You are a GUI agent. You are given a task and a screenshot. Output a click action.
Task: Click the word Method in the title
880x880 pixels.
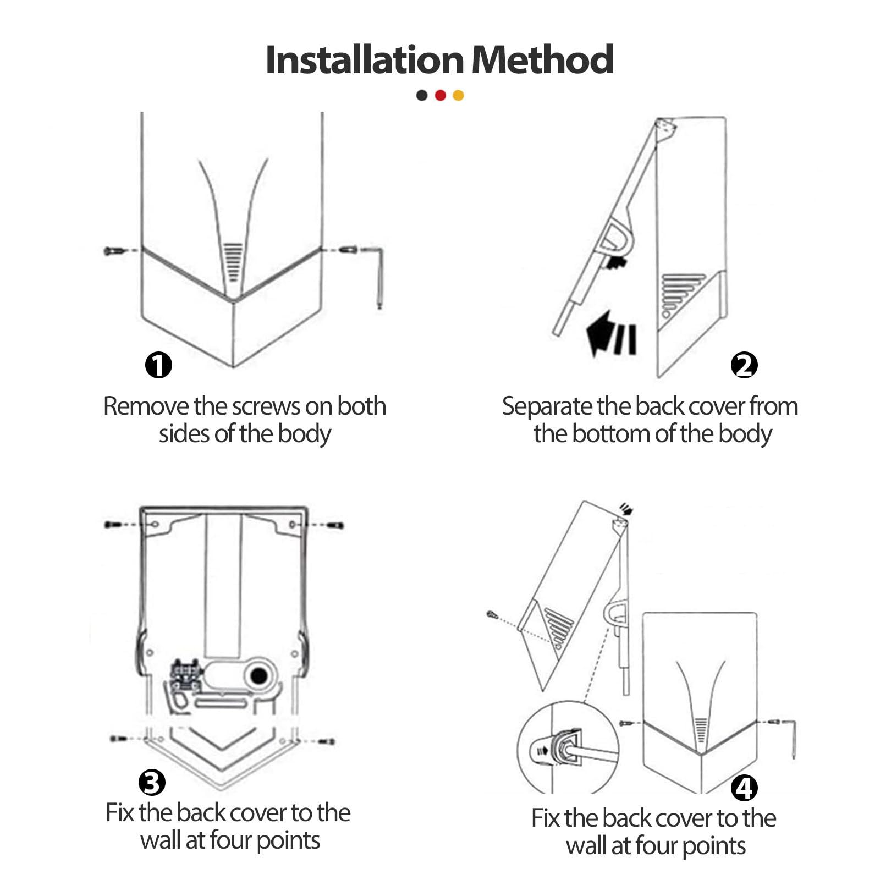[x=543, y=59]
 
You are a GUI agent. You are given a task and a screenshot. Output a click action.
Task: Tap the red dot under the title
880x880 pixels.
[x=440, y=95]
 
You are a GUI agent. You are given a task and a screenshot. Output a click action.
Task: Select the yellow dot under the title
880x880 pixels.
[x=458, y=95]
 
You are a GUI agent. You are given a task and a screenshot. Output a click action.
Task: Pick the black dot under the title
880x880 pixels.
[x=422, y=95]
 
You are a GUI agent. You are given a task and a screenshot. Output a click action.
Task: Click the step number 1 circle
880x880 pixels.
[x=158, y=365]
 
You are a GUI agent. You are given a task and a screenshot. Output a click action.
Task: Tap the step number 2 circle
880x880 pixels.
[x=744, y=365]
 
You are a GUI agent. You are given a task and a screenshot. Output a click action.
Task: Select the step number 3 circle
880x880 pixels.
[x=152, y=782]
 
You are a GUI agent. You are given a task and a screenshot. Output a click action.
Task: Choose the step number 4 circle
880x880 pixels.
[x=744, y=788]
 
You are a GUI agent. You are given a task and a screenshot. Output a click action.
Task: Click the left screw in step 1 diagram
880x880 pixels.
[x=114, y=251]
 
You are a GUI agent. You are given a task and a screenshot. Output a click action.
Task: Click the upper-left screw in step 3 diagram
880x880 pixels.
[x=114, y=524]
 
